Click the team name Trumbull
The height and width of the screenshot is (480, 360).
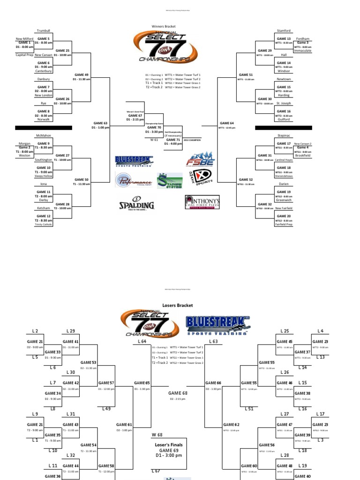pos(43,30)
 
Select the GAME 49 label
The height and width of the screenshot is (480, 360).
pos(81,75)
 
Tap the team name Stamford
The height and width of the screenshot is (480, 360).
pos(284,30)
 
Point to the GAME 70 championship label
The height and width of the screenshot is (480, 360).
pos(154,127)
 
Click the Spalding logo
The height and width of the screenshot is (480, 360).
pos(136,205)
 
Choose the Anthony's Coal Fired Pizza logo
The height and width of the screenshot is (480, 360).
pos(202,202)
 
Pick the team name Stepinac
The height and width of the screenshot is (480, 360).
pos(284,135)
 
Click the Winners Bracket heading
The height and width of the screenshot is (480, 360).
pos(163,27)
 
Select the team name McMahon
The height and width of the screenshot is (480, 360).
pos(43,135)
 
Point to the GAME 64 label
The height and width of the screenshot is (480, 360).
pos(226,123)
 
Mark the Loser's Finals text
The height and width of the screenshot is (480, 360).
pos(168,445)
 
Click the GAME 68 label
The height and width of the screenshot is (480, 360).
pos(178,393)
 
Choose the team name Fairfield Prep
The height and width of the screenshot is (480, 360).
pos(284,224)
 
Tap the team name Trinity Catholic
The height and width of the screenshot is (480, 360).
pos(44,224)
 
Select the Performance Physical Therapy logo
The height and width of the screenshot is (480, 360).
pos(135,181)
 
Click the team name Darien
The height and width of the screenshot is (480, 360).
pos(284,184)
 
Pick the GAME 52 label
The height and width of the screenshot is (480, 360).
pos(246,180)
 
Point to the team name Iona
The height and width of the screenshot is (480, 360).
pos(43,184)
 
